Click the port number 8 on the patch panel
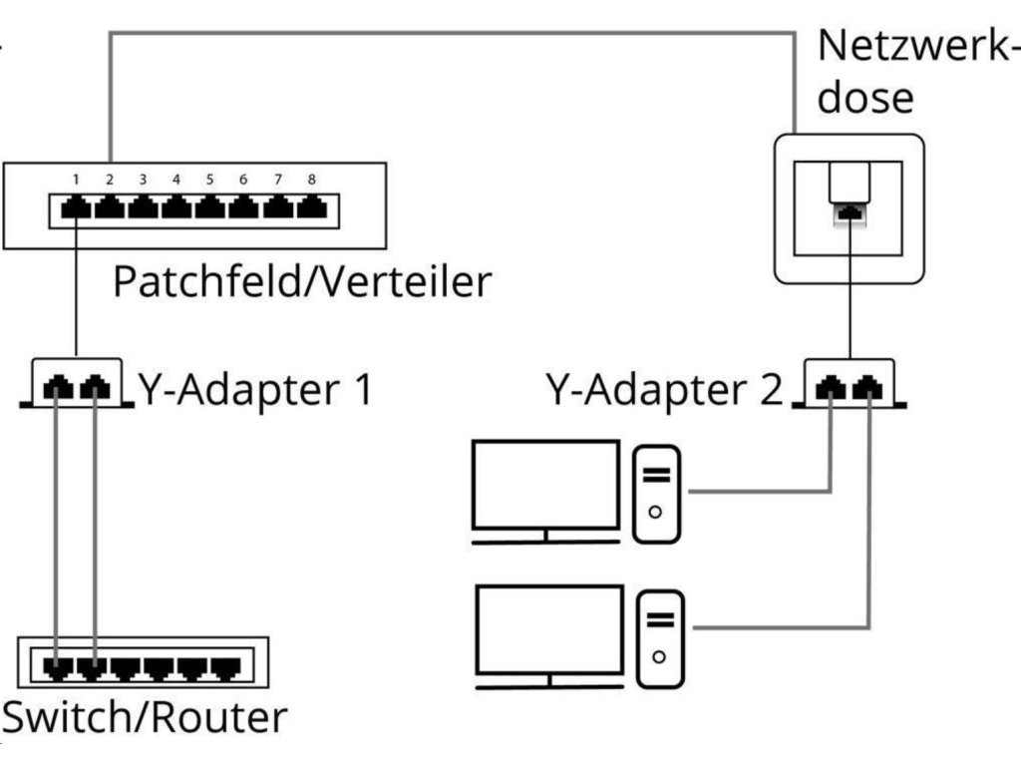312,180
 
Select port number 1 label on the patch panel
76,180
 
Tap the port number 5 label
209,180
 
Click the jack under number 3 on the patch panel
143,208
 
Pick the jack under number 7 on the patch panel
278,208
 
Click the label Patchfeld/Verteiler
302,281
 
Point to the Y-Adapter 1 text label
255,389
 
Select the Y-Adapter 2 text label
664,389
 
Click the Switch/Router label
145,717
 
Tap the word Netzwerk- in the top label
918,46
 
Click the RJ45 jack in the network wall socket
850,212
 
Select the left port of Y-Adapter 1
58,388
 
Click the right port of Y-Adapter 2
868,388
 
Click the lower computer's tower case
660,639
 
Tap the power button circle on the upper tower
656,512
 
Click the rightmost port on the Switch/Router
226,668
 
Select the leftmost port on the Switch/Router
58,668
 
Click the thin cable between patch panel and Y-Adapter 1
76,287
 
